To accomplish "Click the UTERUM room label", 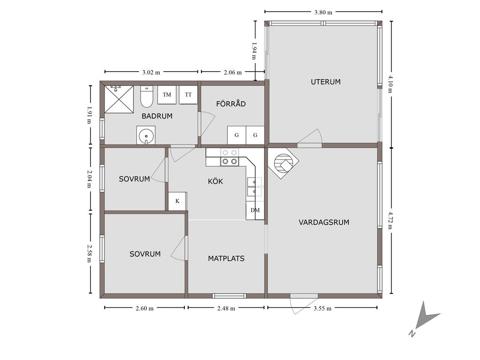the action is (x=326, y=82).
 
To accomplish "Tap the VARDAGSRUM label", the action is (x=324, y=222).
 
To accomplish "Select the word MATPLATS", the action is (x=226, y=258).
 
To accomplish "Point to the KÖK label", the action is (x=216, y=181).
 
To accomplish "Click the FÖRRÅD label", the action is (x=231, y=104).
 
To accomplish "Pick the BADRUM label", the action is (x=157, y=116).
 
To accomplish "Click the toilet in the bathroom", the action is (x=147, y=97).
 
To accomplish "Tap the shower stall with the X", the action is (x=119, y=99).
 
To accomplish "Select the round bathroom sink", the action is (x=146, y=135).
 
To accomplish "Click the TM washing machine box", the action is (x=167, y=95).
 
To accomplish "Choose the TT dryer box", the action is (x=188, y=95).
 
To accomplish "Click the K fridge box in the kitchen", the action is (x=178, y=201).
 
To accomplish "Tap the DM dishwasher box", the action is (x=255, y=210).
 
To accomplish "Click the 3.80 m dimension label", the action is (x=323, y=12).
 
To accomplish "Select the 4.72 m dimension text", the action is (x=391, y=220).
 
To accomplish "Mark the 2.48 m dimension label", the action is (x=226, y=308).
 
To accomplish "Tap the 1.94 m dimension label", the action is (x=254, y=51).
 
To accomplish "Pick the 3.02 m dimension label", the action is (x=151, y=73).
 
